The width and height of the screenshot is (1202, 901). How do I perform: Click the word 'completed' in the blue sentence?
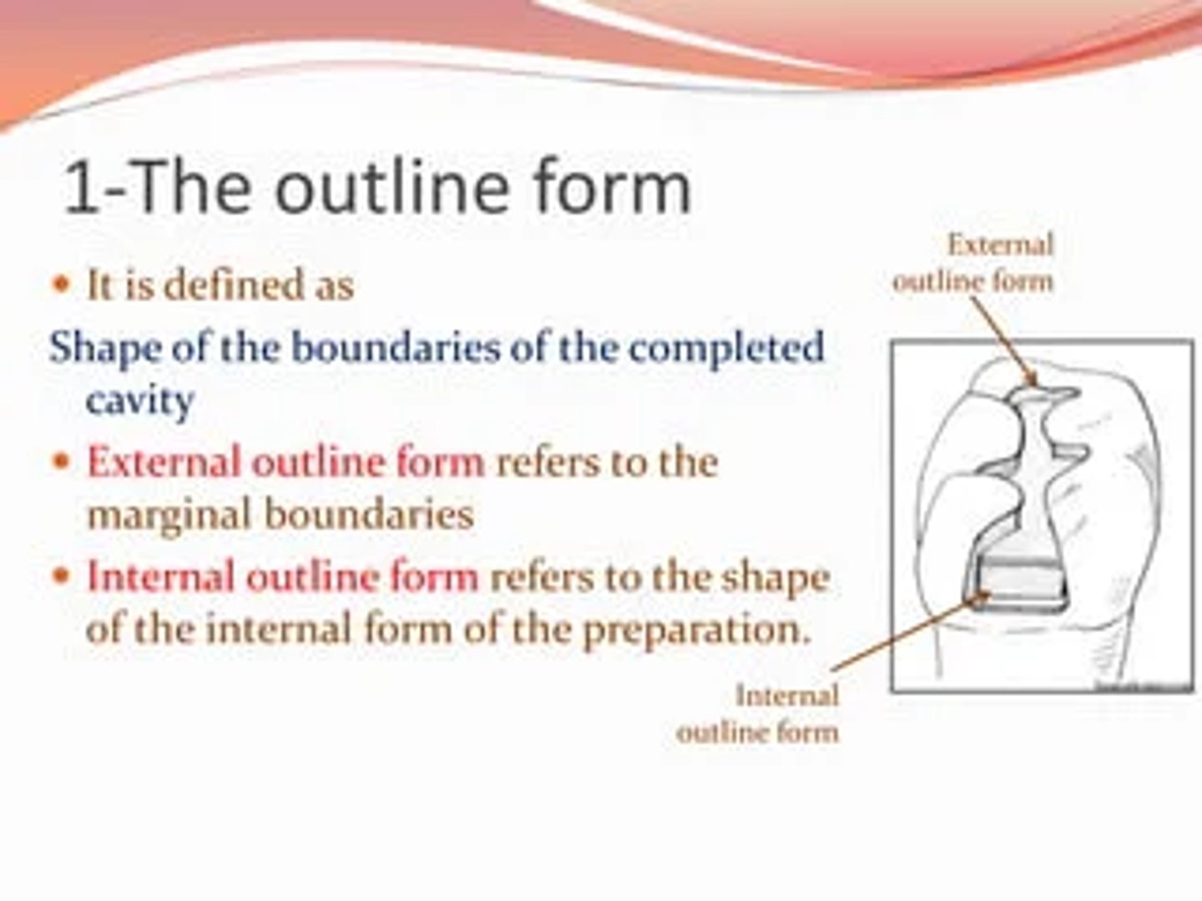tap(725, 348)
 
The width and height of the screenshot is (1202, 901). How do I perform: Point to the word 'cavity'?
tap(139, 400)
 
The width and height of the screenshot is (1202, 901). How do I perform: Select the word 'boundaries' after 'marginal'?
tap(369, 515)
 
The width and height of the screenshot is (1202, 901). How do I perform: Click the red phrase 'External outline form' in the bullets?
tap(285, 462)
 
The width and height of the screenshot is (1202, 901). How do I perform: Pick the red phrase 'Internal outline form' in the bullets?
tap(282, 577)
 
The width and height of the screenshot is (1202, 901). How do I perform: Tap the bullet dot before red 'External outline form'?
tap(60, 462)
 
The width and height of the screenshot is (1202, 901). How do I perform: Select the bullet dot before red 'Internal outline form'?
tap(60, 577)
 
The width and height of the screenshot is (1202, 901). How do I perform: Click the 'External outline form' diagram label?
tap(974, 263)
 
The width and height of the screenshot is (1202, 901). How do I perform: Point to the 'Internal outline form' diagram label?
tap(758, 713)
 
